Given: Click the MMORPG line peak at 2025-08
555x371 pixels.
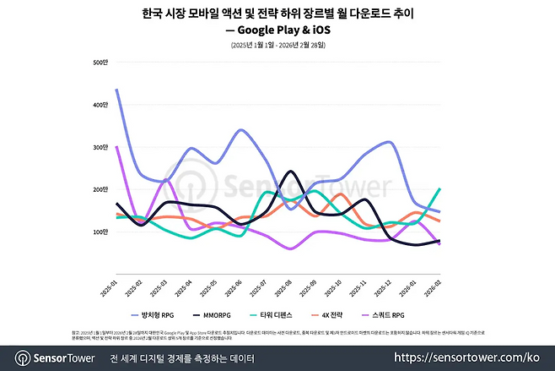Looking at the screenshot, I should [291, 172].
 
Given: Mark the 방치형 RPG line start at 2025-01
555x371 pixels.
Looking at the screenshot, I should [116, 90].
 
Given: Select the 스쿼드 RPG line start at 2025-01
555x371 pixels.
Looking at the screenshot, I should [116, 147].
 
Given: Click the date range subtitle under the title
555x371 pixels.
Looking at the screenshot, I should [277, 44].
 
